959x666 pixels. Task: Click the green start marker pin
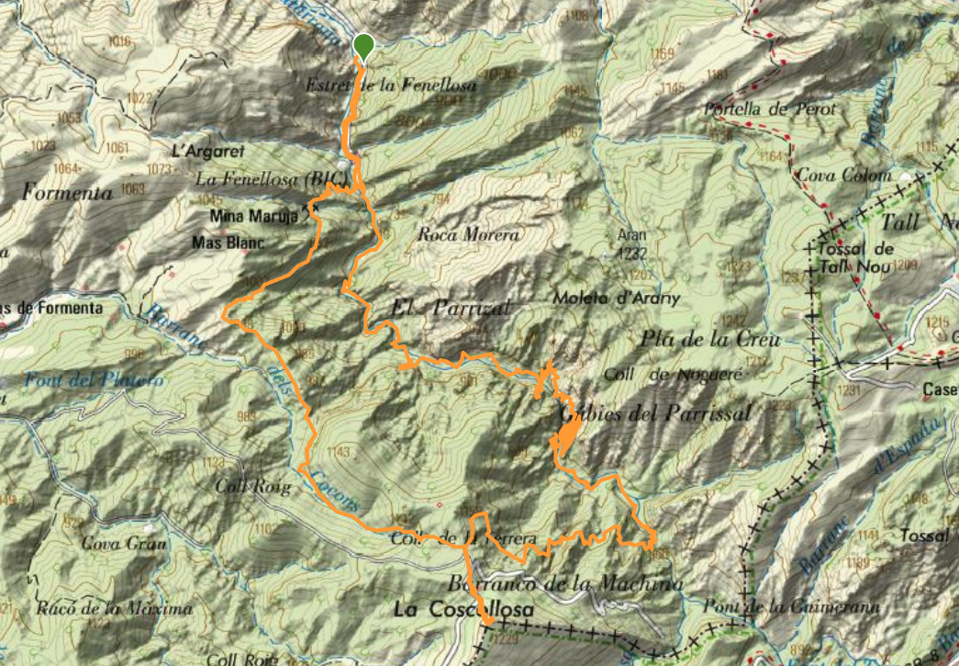tap(363, 46)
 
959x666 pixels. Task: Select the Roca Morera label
tap(468, 235)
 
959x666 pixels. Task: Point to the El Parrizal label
tap(450, 308)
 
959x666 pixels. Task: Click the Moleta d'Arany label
tap(603, 298)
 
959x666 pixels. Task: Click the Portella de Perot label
tap(771, 108)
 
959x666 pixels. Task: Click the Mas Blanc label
tap(229, 243)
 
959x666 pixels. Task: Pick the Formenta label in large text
tap(69, 194)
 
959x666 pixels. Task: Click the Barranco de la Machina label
tap(566, 583)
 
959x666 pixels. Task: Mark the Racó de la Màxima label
tap(116, 608)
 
